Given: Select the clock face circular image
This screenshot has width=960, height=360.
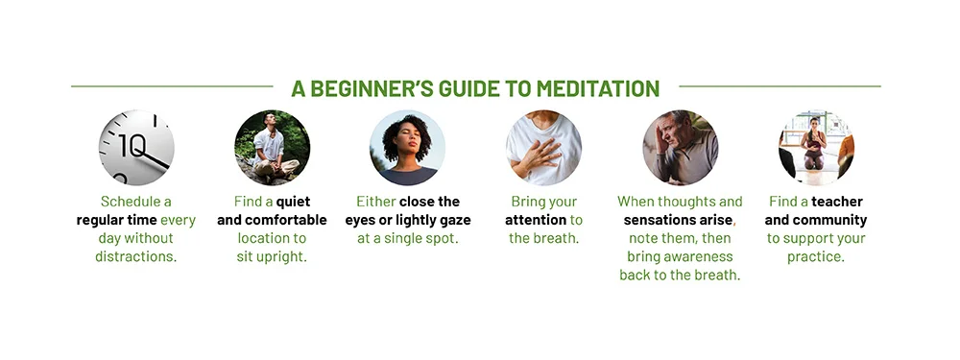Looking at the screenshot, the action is (x=136, y=148).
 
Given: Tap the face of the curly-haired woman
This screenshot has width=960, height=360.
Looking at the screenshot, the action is (x=408, y=143).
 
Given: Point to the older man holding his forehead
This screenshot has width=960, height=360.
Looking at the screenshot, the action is (x=681, y=149).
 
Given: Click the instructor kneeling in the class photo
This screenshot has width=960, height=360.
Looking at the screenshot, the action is (x=813, y=143).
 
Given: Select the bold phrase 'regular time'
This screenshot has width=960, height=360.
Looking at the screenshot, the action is (x=116, y=220).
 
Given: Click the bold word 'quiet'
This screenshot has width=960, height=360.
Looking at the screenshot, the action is (x=293, y=202).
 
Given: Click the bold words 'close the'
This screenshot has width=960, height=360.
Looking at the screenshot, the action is (x=429, y=202).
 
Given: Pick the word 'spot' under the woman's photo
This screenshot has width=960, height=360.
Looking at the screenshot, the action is (x=443, y=239).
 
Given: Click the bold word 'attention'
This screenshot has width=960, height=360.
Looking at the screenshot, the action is (x=536, y=220).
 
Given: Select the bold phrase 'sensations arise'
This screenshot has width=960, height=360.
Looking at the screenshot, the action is (x=678, y=220).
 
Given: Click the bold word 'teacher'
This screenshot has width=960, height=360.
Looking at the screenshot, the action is (x=837, y=202).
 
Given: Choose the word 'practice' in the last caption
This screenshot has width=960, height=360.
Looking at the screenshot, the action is (x=814, y=257).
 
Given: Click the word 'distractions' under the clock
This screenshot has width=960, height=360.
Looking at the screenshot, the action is (x=136, y=257).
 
